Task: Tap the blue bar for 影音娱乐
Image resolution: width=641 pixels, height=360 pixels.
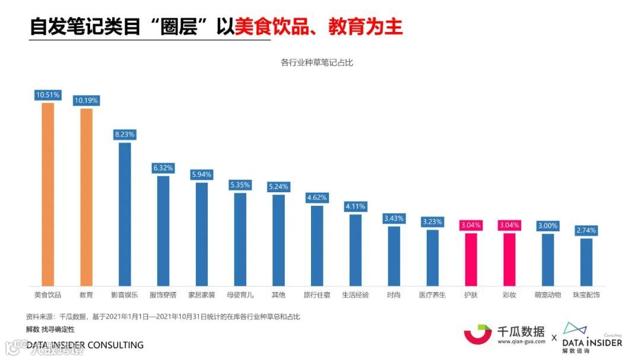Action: (125, 214)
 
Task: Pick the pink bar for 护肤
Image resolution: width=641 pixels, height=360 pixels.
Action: (471, 259)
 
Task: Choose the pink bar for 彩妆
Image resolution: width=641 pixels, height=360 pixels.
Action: (509, 259)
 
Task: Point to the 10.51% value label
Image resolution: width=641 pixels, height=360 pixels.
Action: (47, 94)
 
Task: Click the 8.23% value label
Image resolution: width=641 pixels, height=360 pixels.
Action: (125, 135)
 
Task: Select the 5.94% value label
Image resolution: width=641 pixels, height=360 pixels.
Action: (202, 174)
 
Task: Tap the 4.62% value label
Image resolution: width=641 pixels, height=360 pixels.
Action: (317, 197)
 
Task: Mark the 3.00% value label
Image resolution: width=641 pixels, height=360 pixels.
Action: (548, 226)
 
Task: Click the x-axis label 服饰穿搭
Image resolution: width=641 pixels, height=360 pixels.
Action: (163, 295)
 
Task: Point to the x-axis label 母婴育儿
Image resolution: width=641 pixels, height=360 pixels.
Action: (240, 295)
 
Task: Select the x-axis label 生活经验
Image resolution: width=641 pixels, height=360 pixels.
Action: (356, 295)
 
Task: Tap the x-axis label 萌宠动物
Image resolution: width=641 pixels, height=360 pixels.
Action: (548, 295)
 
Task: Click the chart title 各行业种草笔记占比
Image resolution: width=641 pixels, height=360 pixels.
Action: (317, 62)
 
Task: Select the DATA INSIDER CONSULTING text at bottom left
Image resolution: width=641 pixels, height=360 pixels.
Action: (85, 345)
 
